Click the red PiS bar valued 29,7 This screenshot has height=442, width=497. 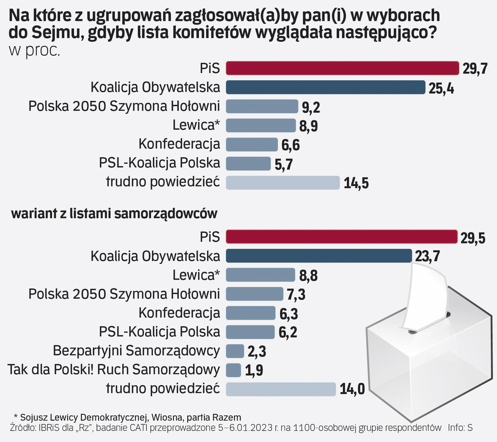[x=342, y=68]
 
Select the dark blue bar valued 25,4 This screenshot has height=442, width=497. [x=326, y=88]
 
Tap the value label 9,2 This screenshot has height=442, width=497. [x=311, y=107]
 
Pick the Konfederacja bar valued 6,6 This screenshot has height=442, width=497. [x=252, y=144]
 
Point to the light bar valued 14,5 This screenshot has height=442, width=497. [x=283, y=183]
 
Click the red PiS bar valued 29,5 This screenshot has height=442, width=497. [x=342, y=237]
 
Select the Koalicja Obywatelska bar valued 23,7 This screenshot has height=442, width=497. [x=319, y=256]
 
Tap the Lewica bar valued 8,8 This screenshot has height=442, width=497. [x=260, y=275]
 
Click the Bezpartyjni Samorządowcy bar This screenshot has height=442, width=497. [x=235, y=351]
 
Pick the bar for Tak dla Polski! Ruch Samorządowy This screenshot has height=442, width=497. [x=233, y=370]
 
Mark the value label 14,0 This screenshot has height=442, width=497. [x=352, y=389]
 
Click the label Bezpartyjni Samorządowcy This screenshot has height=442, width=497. [x=136, y=351]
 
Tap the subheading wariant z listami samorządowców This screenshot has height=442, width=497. [x=114, y=213]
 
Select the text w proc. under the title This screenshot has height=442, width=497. [x=34, y=50]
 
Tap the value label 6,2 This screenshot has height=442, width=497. [x=288, y=332]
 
